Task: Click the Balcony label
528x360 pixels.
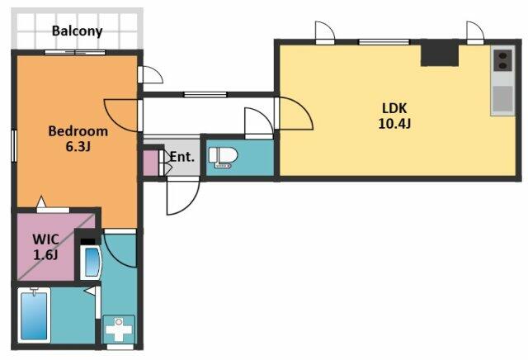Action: tap(77, 31)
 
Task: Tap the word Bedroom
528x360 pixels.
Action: tap(78, 131)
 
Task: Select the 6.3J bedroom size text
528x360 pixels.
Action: tap(78, 147)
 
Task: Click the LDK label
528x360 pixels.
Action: tap(394, 108)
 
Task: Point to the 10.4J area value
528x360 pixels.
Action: tap(394, 124)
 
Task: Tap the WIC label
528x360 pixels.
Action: tap(46, 239)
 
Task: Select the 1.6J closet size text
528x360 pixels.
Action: tap(46, 255)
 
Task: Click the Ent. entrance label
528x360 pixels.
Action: tap(182, 157)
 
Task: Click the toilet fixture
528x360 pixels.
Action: tap(223, 158)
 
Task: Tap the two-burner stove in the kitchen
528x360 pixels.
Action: tap(502, 60)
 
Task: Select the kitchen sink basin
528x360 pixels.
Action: tap(503, 99)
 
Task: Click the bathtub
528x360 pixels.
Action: tap(34, 315)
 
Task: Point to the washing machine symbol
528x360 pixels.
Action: tap(119, 329)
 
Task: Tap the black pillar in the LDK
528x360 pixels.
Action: tap(440, 53)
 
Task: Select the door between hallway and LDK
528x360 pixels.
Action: tap(294, 113)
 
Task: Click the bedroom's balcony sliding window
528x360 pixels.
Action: tap(75, 52)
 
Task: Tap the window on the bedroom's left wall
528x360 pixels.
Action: tap(14, 146)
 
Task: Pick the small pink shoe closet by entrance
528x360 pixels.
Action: tap(150, 163)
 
